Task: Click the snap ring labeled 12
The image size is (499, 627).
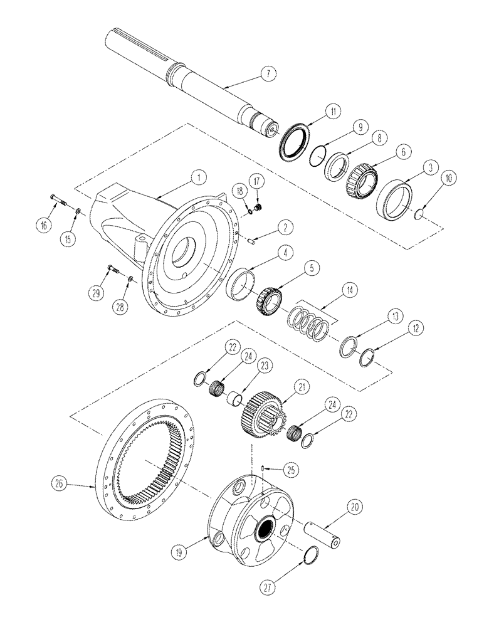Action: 371,357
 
